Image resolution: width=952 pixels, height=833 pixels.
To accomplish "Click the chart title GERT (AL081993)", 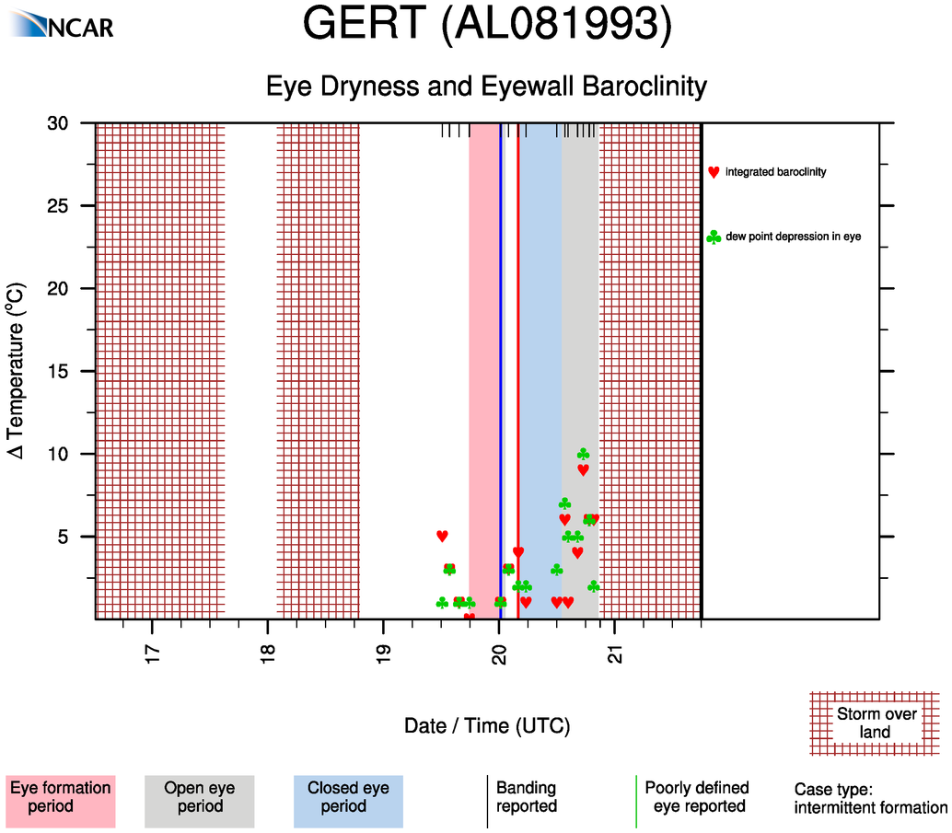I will tap(487, 25).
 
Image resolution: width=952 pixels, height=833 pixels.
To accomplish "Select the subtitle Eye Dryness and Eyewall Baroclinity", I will tap(486, 87).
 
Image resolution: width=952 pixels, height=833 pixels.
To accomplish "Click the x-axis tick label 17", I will tap(152, 654).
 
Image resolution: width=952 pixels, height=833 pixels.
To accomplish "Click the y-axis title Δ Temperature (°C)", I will tap(16, 371).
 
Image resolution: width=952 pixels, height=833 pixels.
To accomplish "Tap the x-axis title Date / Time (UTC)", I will tap(487, 726).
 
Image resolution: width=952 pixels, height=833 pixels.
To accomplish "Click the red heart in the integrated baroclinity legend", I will tap(714, 172).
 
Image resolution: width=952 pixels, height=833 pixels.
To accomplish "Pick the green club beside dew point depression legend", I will tap(714, 237).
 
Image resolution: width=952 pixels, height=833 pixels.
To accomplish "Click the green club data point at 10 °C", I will tap(583, 454).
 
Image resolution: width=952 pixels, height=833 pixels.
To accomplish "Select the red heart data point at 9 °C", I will tap(583, 469).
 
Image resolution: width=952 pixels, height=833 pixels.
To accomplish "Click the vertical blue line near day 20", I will tap(501, 368).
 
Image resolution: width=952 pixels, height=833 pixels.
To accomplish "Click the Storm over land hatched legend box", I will tap(875, 723).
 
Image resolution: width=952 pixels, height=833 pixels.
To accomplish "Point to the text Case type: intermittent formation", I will tap(870, 799).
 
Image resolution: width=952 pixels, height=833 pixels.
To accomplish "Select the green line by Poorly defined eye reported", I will tap(636, 801).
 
